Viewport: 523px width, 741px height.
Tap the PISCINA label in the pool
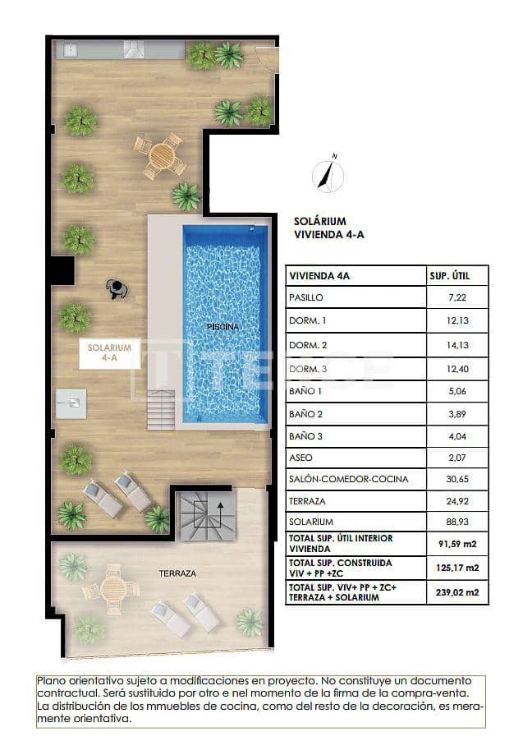click(x=223, y=327)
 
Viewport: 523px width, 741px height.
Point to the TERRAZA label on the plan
click(x=177, y=573)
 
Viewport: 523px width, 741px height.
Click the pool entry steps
click(x=161, y=409)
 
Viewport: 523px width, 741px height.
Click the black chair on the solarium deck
click(x=116, y=288)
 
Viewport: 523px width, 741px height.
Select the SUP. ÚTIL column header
click(x=449, y=276)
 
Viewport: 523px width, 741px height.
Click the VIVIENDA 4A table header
click(x=320, y=276)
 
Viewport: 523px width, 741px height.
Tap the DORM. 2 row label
click(x=308, y=344)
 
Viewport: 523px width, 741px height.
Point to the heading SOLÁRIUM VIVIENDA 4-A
click(x=328, y=228)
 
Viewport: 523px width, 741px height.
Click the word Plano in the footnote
click(x=51, y=681)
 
